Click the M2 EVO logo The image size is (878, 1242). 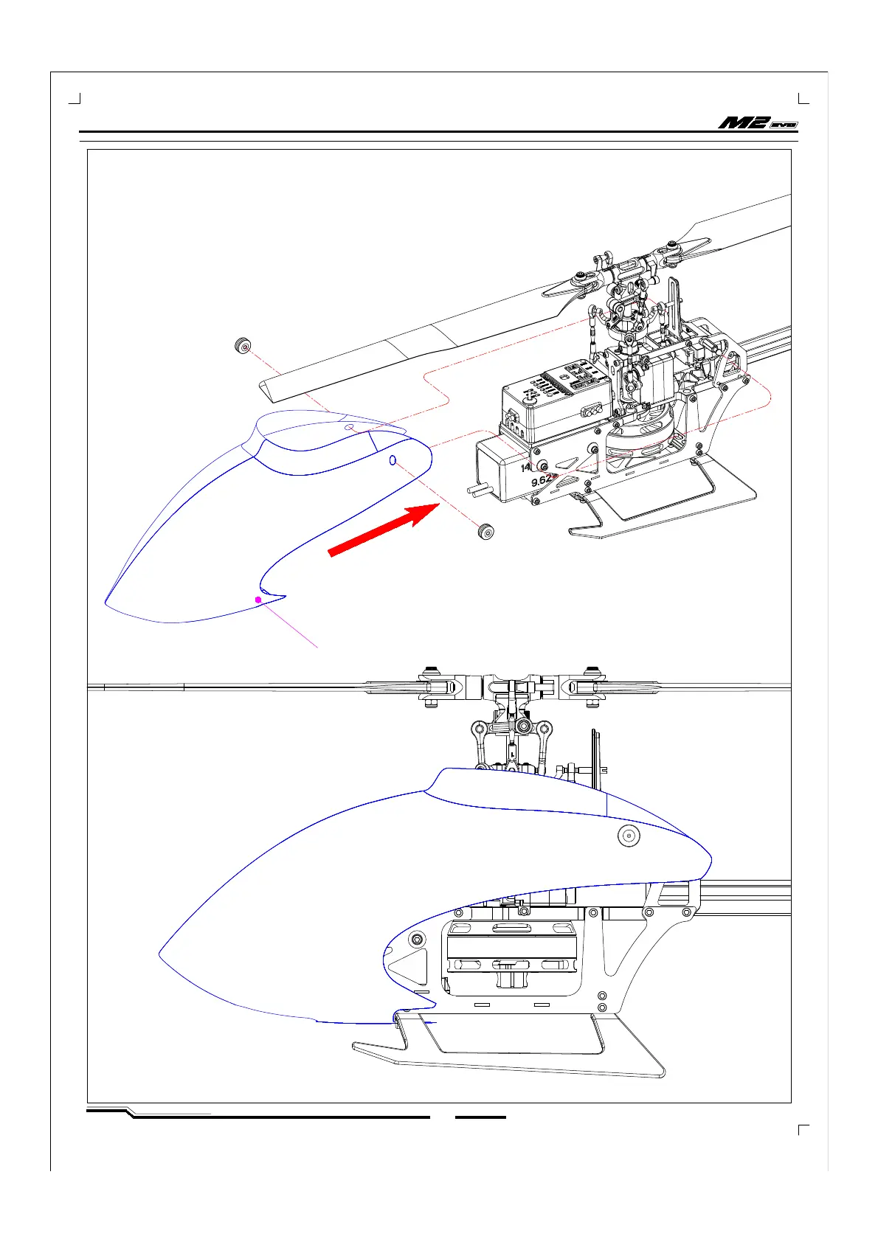click(x=758, y=123)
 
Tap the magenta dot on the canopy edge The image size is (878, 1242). click(x=258, y=600)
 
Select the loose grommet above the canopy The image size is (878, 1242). click(x=241, y=344)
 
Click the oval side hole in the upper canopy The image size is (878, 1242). click(x=393, y=461)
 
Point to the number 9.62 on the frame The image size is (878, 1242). click(x=543, y=481)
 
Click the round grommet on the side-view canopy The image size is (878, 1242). click(x=628, y=836)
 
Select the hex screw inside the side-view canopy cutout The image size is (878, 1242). click(x=418, y=940)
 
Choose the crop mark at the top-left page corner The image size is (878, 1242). click(x=75, y=98)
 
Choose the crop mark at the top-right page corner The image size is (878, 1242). click(x=803, y=98)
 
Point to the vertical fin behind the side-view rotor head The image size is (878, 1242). click(x=596, y=752)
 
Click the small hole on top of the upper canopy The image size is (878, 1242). click(x=349, y=427)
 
